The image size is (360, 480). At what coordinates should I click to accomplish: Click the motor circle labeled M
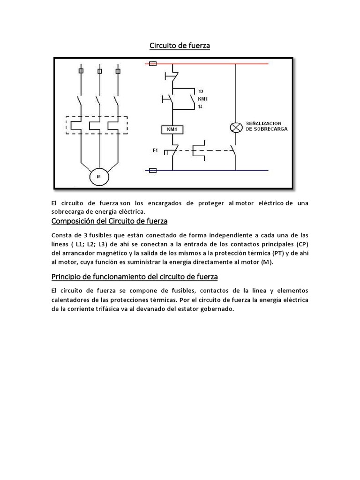99,176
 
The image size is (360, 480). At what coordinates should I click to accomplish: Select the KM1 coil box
172,129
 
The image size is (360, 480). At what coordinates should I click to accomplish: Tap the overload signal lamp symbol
235,127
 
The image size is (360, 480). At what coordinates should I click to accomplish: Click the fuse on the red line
152,63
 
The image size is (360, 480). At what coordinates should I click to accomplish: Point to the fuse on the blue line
152,171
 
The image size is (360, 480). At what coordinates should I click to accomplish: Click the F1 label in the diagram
156,150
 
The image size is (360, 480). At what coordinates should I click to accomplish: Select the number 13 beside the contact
201,91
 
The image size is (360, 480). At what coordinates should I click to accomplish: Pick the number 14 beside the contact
201,107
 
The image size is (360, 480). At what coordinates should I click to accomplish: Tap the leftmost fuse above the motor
81,71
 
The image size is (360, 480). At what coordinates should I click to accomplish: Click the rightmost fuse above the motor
117,71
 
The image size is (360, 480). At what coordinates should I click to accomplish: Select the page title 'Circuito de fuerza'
180,45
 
